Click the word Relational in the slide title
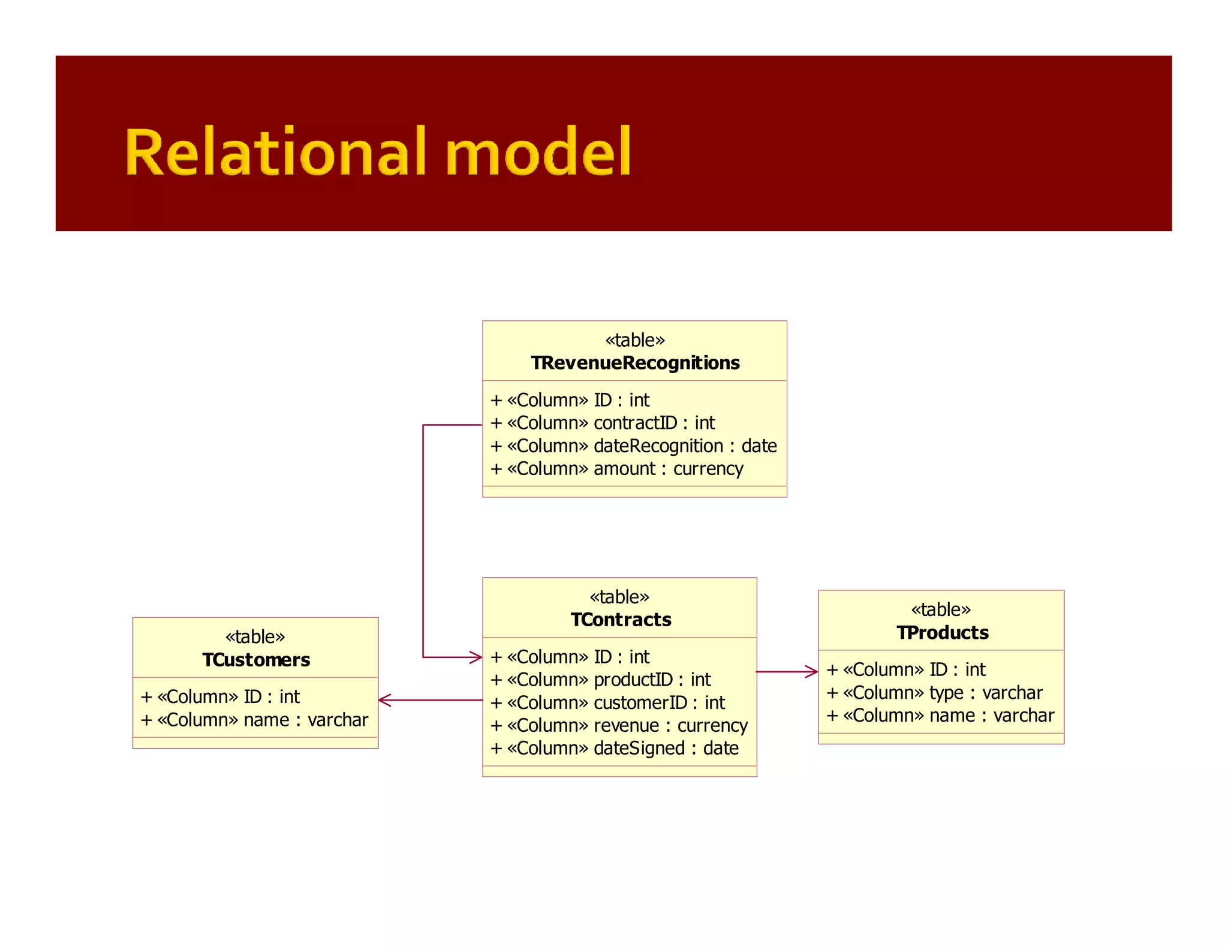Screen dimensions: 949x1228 275,152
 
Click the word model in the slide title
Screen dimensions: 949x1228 538,152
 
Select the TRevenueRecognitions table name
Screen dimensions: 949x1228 635,363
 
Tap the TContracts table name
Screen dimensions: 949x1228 621,620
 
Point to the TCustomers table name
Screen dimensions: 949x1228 256,660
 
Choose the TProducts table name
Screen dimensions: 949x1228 942,633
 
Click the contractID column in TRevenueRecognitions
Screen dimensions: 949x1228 603,423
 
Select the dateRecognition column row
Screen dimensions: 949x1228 633,446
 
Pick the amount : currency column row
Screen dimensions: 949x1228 616,469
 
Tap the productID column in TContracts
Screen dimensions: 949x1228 600,680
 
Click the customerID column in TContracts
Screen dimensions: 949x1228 607,702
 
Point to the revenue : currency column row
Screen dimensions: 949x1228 619,725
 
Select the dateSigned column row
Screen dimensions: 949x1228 615,748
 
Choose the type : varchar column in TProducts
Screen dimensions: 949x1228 935,693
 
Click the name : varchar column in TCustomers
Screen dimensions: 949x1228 254,720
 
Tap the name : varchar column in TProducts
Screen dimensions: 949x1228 940,716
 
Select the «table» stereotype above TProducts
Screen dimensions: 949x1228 941,610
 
